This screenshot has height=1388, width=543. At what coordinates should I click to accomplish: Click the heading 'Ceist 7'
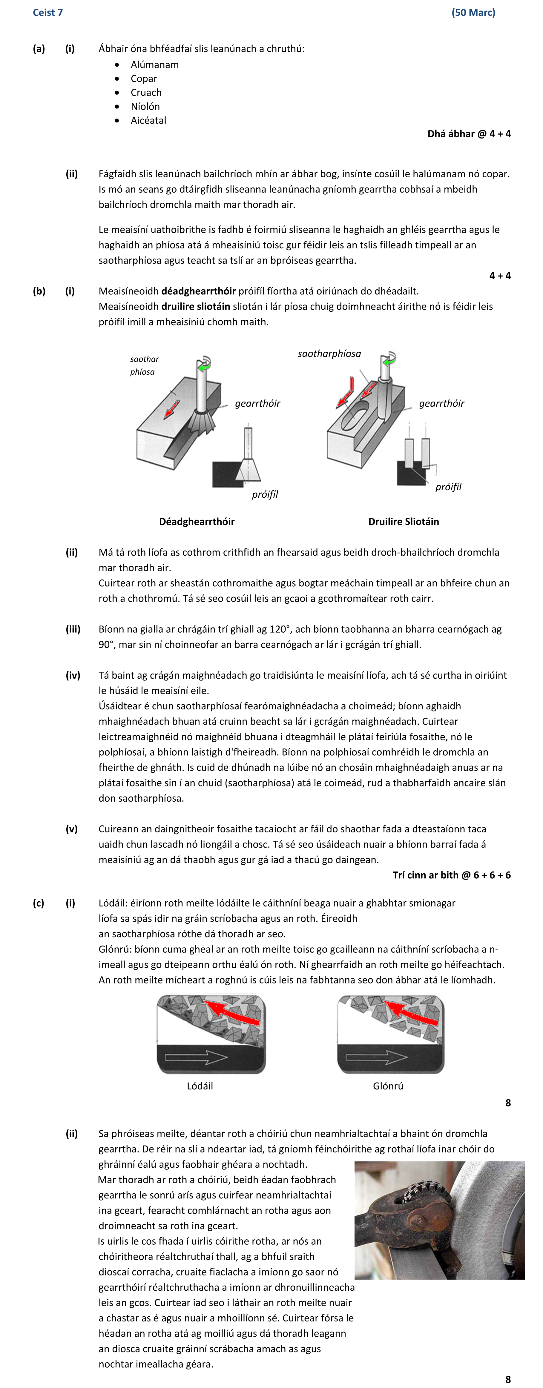pyautogui.click(x=47, y=13)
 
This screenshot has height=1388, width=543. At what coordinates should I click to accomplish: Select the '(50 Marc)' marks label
pyautogui.click(x=473, y=13)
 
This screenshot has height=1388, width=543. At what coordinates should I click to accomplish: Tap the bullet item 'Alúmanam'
pyautogui.click(x=154, y=65)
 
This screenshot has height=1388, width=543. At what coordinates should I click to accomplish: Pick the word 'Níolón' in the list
pyautogui.click(x=145, y=107)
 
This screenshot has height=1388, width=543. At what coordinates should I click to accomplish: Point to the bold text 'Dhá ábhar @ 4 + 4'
pyautogui.click(x=469, y=134)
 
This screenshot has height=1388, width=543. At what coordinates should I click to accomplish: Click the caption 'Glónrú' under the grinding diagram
pyautogui.click(x=388, y=1086)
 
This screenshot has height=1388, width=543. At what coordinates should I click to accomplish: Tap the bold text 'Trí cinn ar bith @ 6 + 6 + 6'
pyautogui.click(x=451, y=875)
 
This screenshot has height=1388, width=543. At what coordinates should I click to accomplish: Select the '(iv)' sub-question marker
pyautogui.click(x=73, y=675)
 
